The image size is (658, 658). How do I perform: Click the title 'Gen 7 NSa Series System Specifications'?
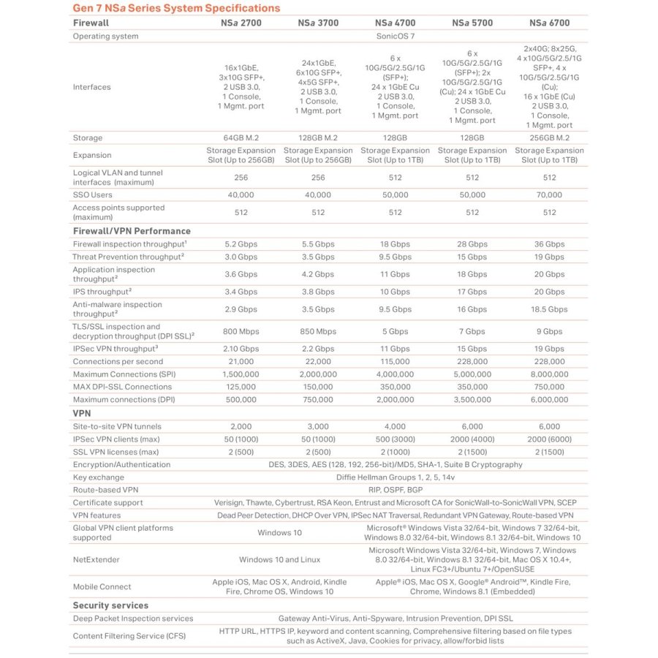pos(176,8)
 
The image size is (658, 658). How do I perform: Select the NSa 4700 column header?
pos(395,23)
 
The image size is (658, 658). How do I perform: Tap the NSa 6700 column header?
pos(549,23)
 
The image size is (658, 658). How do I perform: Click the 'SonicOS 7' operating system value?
pos(395,36)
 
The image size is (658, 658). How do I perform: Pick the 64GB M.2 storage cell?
pos(241,137)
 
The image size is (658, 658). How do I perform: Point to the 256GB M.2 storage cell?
pos(549,137)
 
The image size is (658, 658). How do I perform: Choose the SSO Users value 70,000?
pos(549,195)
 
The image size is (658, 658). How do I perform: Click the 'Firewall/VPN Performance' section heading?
pos(132,231)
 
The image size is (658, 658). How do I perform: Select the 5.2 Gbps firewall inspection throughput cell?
pos(241,244)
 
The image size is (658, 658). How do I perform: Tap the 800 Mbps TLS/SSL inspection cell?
pos(241,332)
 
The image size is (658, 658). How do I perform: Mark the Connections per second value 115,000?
pos(395,361)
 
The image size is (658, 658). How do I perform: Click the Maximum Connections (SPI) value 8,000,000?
pos(549,374)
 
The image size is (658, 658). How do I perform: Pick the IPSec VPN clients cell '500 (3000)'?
pos(395,439)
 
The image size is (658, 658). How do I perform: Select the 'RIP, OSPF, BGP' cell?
pos(395,490)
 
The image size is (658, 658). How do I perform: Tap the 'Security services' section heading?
pos(110,605)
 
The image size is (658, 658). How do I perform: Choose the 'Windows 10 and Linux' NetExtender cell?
pos(279,559)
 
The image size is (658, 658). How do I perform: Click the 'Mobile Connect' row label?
pos(102,586)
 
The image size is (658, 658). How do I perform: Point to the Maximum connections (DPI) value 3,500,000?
pos(472,400)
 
